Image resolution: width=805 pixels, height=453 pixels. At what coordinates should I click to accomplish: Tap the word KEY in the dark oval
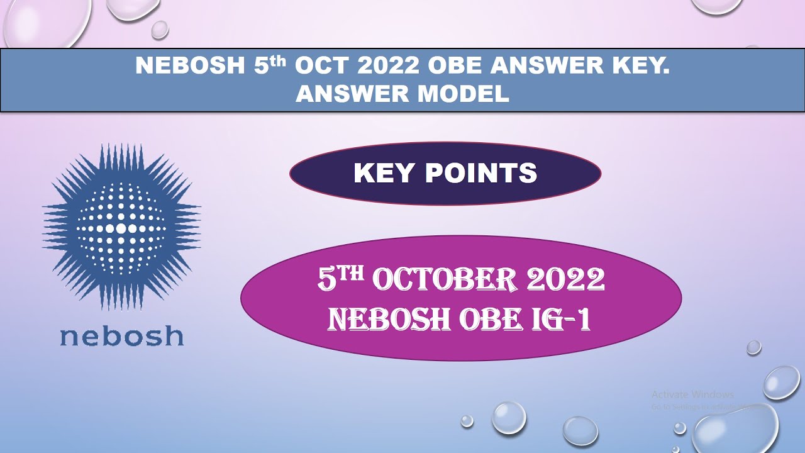[386, 173]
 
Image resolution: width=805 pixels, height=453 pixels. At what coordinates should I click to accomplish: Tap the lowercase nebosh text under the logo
[121, 337]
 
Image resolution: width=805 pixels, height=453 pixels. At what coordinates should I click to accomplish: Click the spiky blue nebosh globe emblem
[121, 226]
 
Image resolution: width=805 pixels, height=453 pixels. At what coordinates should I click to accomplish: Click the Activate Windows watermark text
[692, 394]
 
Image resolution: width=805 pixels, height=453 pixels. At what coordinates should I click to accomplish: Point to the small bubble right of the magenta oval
[754, 347]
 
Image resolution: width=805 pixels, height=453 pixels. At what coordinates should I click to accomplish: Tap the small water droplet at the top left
[160, 29]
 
